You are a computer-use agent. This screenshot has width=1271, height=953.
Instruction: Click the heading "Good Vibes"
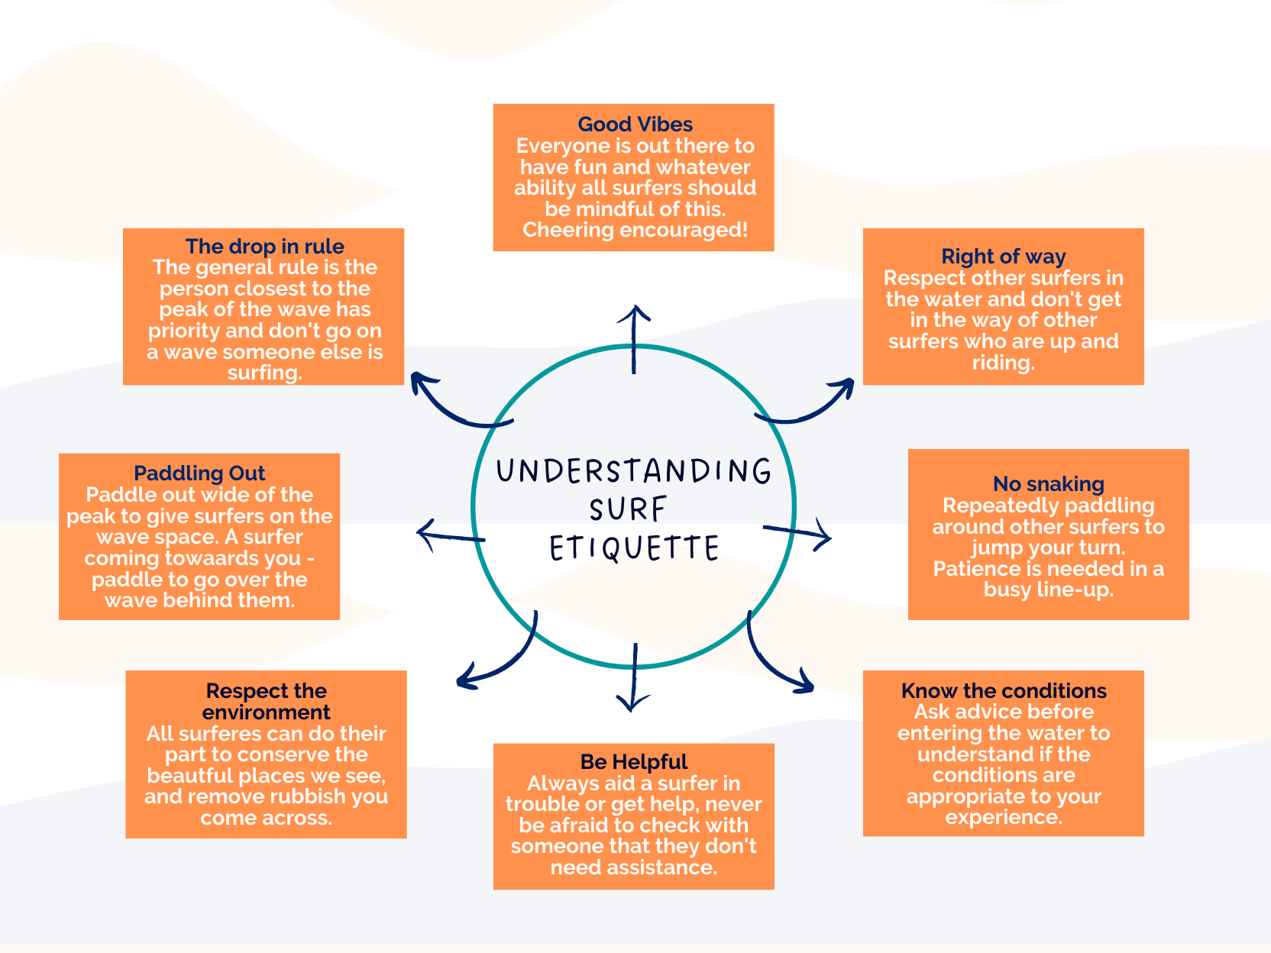pos(635,124)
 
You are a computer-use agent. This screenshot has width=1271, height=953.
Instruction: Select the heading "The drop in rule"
pos(264,247)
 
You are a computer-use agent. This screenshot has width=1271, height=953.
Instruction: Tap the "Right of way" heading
pos(1003,257)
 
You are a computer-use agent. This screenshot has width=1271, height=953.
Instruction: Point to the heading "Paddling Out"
pos(199,473)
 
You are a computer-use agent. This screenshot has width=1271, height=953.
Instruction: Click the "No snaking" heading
pos(1048,484)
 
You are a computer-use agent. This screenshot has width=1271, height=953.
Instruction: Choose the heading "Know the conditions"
pos(1003,691)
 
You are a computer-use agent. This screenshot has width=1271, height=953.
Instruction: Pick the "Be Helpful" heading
pos(633,762)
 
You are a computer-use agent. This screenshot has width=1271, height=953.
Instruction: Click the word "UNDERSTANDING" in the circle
pos(633,471)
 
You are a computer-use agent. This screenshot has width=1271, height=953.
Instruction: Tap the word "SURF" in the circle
pos(628,509)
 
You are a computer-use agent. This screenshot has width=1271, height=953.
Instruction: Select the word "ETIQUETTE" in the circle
pos(634,548)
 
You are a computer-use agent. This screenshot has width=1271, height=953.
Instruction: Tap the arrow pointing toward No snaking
pos(798,532)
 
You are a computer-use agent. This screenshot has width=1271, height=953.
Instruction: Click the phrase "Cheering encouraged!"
pos(635,230)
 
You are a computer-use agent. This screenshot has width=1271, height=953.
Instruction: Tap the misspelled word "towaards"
pos(259,558)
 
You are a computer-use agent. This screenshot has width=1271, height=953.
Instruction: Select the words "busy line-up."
pos(1048,590)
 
